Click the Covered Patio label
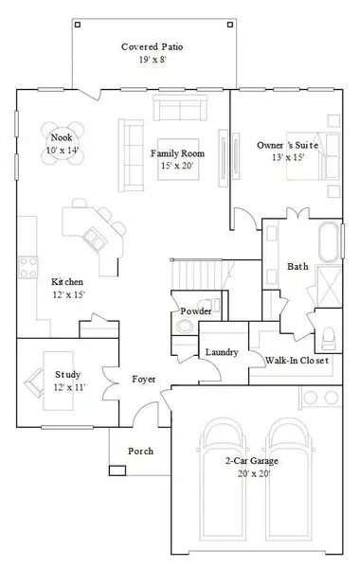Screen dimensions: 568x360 pos(152,46)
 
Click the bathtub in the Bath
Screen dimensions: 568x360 pos(330,243)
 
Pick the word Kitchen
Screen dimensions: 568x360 pos(67,282)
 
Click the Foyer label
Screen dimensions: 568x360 pos(143,379)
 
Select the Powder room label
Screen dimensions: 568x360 pos(195,311)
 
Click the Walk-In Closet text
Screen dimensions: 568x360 pos(297,361)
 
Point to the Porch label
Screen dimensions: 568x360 pos(141,451)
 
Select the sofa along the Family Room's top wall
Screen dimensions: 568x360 pos(180,110)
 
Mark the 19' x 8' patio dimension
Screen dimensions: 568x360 pos(152,60)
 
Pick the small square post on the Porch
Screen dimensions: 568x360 pos(117,470)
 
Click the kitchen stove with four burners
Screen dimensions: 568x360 pos(28,263)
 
